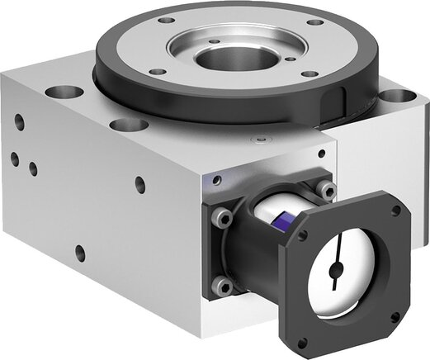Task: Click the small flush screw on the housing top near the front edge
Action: pos(262,140)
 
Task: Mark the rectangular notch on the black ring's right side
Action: pos(333,103)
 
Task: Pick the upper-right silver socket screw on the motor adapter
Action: pos(328,192)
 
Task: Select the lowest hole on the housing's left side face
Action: pos(80,252)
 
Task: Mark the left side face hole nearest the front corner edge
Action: pos(140,185)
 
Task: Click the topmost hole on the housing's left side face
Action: pos(19,121)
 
